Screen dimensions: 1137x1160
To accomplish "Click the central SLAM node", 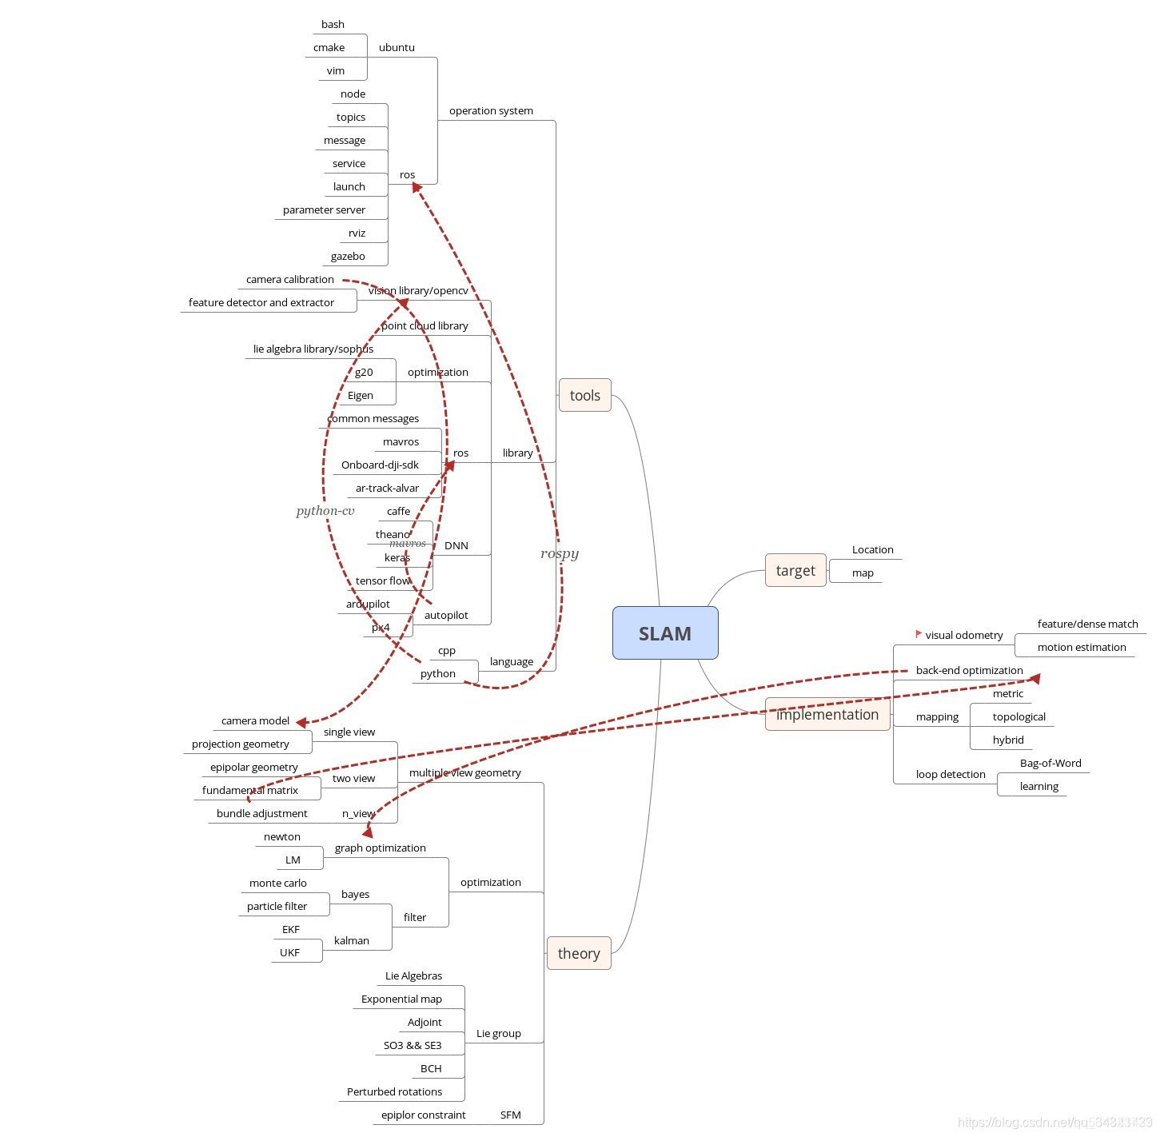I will coord(665,633).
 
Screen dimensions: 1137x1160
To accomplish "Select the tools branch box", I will coord(584,395).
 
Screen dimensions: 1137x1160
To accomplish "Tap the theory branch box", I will coord(579,953).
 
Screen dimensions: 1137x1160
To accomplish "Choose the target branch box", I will coord(795,570).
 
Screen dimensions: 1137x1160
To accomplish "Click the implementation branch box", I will coord(827,714).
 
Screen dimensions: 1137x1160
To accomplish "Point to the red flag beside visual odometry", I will coord(919,634).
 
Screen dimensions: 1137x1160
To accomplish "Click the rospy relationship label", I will coord(560,553).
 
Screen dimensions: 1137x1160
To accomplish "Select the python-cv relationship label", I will coord(325,510).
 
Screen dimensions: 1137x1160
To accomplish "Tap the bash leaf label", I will coord(333,24).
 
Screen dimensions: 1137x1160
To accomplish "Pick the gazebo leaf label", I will coord(348,256).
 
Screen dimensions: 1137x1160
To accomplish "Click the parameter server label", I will coord(324,209).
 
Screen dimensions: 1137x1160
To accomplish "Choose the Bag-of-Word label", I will coord(1050,763).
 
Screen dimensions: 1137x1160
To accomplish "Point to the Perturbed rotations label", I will coord(394,1091).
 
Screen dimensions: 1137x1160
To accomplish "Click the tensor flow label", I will coord(383,580).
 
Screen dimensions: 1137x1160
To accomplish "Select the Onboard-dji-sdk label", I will coord(380,465).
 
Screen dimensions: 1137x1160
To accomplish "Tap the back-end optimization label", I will coord(969,670).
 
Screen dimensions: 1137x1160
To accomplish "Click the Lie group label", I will coord(499,1033).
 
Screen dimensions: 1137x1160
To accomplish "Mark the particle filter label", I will coord(277,906).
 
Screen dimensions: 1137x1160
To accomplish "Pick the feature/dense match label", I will coord(1087,624).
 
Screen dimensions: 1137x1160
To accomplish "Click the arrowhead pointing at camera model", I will coord(301,722).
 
